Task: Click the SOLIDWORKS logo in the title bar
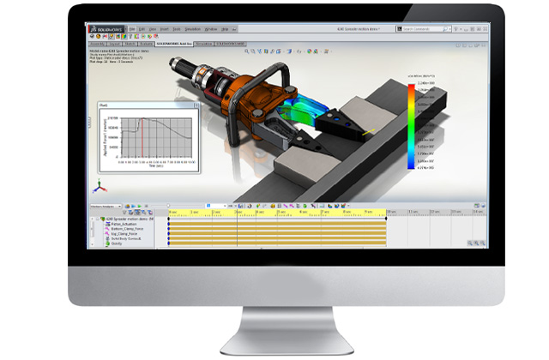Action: pyautogui.click(x=104, y=27)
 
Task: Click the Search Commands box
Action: pyautogui.click(x=428, y=27)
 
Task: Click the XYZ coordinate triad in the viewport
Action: pyautogui.click(x=98, y=186)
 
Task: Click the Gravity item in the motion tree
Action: pyautogui.click(x=117, y=244)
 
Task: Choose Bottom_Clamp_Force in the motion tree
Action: pyautogui.click(x=130, y=229)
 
